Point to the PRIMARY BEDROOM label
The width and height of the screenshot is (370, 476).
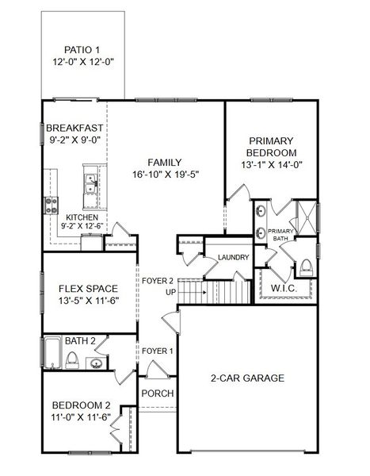[x=271, y=144]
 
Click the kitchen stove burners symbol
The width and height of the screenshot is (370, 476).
[x=52, y=205]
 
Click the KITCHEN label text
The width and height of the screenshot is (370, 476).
[x=82, y=217]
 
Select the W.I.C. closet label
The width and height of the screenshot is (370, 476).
[x=284, y=287]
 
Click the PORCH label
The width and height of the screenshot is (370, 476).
[x=157, y=393]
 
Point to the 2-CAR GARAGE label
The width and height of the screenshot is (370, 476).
[x=247, y=378]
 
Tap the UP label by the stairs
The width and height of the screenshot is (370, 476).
[x=148, y=292]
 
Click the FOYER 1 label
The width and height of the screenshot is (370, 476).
[x=157, y=350]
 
